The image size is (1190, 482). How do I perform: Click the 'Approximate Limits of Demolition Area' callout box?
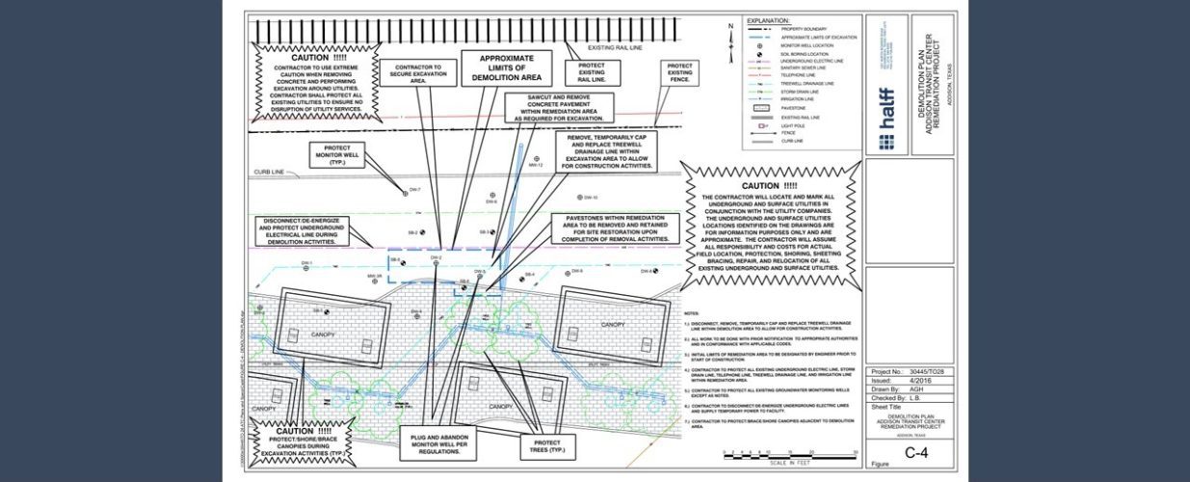coord(508,67)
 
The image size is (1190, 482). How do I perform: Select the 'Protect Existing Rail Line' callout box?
coord(592,72)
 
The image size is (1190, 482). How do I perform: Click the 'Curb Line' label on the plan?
coord(270,173)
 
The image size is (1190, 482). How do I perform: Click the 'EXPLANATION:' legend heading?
coord(768,19)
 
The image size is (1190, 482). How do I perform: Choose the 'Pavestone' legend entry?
coord(779,109)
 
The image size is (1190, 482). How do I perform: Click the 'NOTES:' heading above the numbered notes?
coord(692,313)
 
